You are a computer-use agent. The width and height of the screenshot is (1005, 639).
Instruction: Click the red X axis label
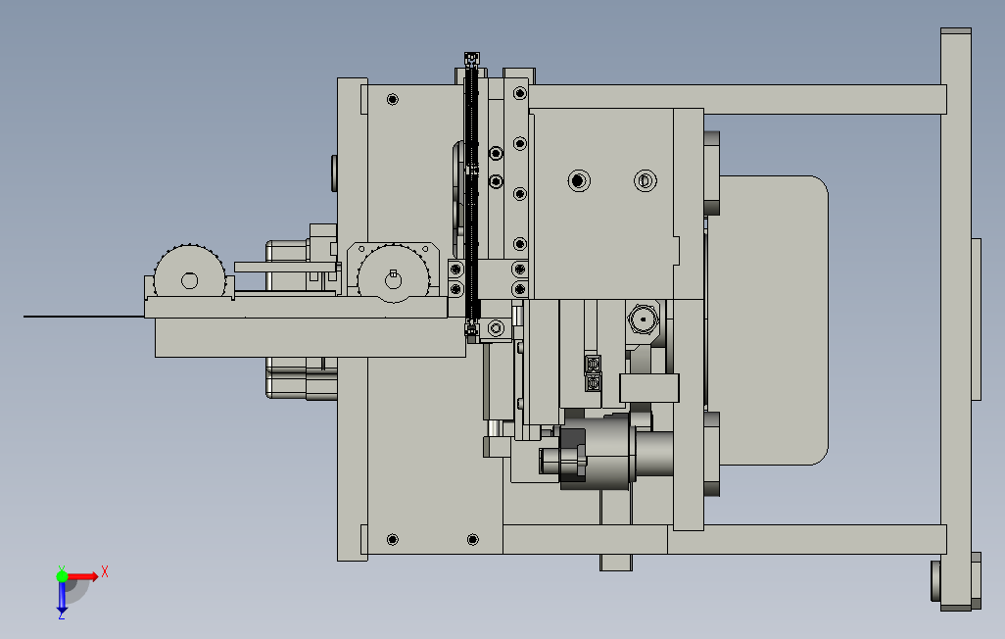[105, 571]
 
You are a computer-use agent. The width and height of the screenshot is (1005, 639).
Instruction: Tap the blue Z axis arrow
[62, 597]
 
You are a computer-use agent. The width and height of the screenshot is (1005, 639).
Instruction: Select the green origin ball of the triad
[62, 576]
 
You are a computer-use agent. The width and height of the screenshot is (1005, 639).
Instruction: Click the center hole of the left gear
[189, 280]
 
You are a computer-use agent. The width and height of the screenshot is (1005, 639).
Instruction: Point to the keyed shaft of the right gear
[393, 279]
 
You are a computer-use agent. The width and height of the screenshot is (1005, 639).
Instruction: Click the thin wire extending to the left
[84, 317]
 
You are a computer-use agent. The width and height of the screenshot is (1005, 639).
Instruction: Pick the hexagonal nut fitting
[643, 319]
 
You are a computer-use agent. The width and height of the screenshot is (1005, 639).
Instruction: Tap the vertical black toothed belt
[472, 192]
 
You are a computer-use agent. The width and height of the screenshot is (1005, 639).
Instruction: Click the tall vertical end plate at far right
[956, 319]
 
